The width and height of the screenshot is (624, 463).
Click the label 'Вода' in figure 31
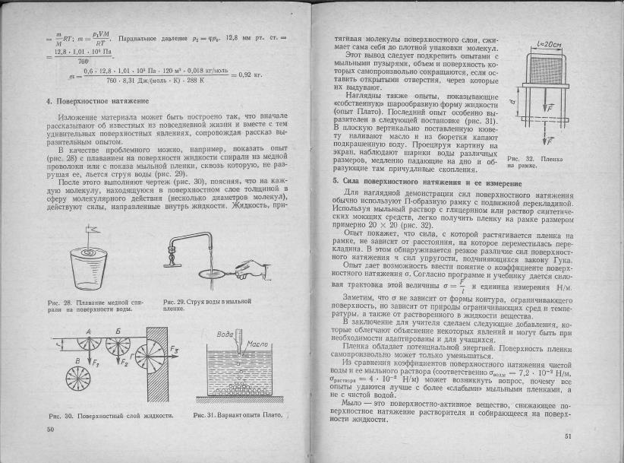225,335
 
